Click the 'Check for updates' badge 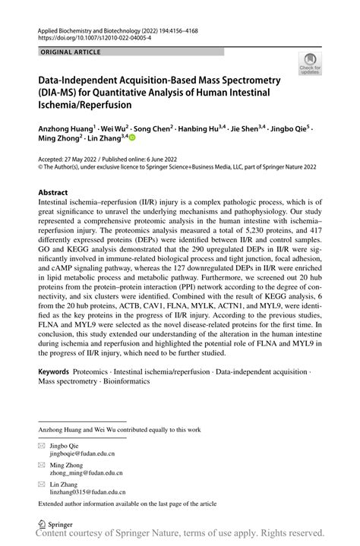[309, 65]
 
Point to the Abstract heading [58, 193]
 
